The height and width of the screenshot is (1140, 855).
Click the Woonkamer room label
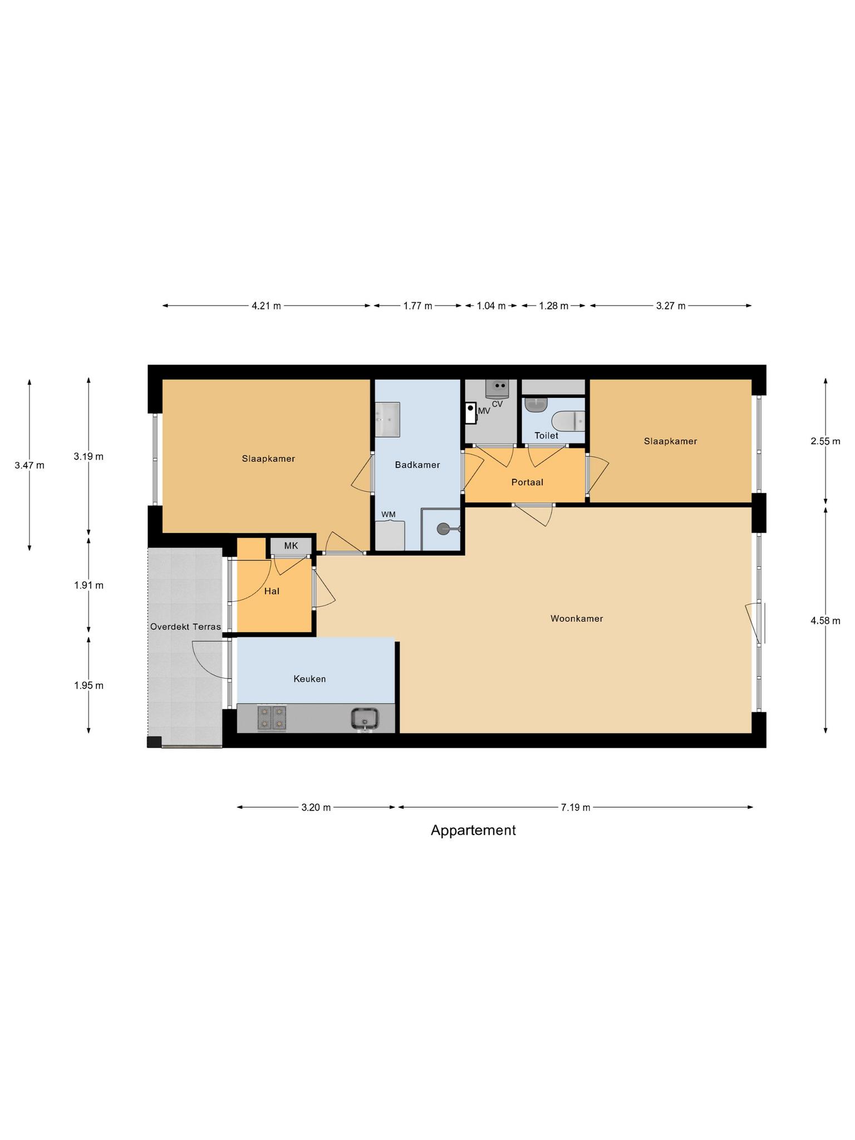tap(577, 618)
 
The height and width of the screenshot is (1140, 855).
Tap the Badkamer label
tap(417, 465)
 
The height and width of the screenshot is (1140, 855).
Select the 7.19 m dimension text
tap(576, 808)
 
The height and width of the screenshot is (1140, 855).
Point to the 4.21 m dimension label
tap(266, 306)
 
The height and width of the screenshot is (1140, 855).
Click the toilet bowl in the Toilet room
tap(568, 421)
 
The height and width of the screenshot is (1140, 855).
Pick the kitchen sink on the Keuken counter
tap(365, 718)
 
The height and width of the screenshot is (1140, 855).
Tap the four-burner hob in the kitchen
tap(272, 718)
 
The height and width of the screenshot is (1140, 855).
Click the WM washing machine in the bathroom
tap(390, 535)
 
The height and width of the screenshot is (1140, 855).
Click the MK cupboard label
tap(291, 546)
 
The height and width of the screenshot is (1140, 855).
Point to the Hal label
tap(272, 591)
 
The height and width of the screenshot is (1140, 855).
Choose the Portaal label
tap(527, 482)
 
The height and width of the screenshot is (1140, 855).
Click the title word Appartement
tap(473, 831)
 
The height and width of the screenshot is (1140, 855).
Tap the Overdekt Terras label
tap(185, 627)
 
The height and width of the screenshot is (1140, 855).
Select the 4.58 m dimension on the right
tap(825, 621)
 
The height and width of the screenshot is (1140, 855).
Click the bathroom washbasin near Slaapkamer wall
tap(387, 419)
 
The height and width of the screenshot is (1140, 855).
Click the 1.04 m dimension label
tap(491, 306)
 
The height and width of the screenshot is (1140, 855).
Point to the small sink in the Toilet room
tap(536, 405)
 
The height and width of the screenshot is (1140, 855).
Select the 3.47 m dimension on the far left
tap(30, 465)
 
